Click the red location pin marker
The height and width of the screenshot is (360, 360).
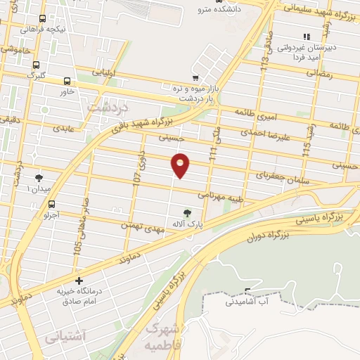(181, 165)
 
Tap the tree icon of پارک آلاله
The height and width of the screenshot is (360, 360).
(187, 212)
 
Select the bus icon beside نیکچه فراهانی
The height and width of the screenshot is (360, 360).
(43, 19)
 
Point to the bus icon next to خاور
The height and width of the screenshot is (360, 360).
(67, 81)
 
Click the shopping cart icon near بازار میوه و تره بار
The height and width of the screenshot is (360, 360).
(195, 78)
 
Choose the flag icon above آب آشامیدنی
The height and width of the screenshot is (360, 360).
(247, 290)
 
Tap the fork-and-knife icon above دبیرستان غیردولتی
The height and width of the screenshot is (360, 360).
(305, 37)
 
